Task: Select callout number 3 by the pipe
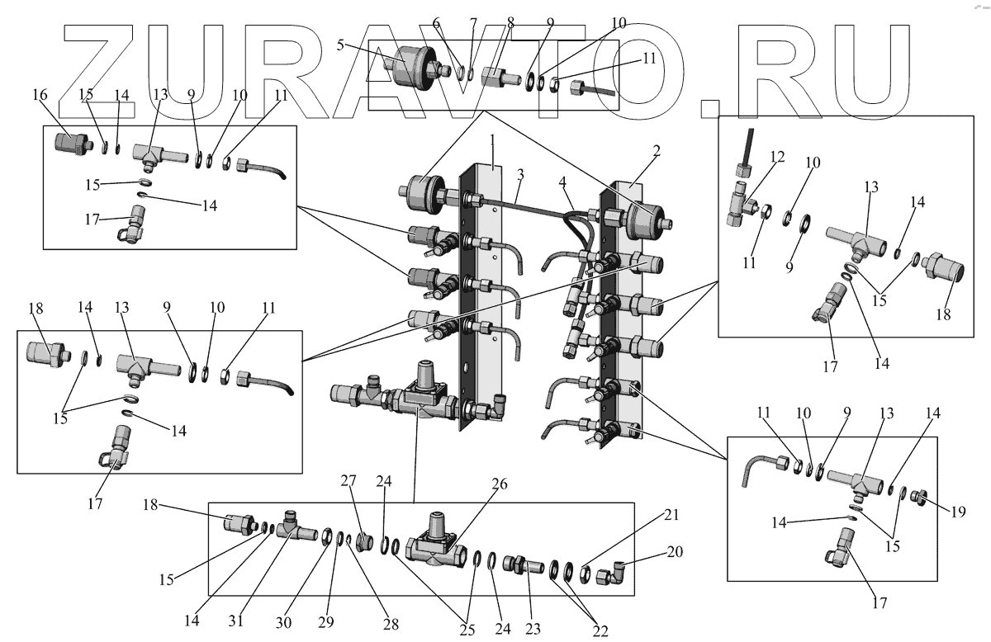520,177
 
